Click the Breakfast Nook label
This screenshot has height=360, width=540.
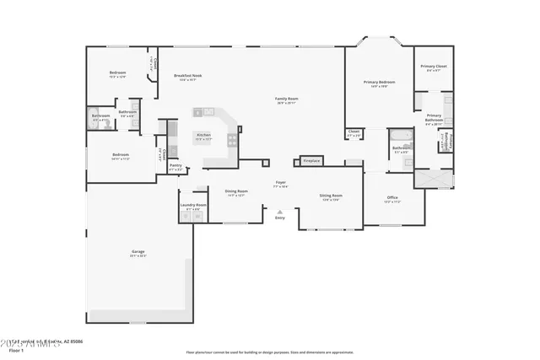[187, 76]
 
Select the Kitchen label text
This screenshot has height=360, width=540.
[204, 135]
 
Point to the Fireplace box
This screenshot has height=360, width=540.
[311, 159]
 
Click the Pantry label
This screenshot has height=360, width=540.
[175, 165]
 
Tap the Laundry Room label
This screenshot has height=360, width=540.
[192, 205]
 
